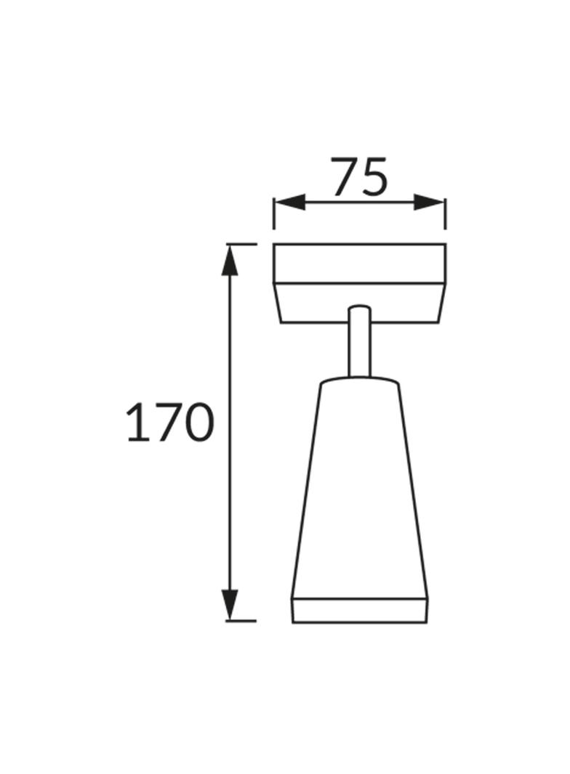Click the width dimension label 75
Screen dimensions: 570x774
click(x=359, y=176)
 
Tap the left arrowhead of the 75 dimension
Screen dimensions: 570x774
click(x=289, y=202)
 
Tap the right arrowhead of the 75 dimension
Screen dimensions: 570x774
click(x=430, y=202)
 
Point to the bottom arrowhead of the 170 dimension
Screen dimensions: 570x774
click(x=230, y=605)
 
